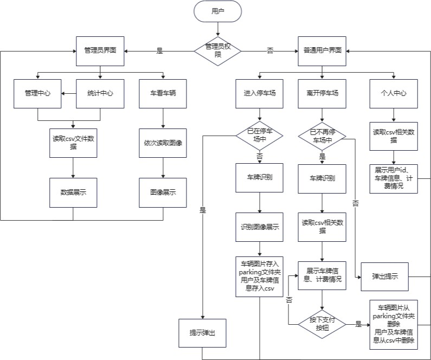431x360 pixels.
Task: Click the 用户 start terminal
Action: pos(217,11)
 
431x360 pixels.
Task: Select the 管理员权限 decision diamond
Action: pos(217,50)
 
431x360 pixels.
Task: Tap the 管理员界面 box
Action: pos(100,50)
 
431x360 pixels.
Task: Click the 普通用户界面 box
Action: pos(322,50)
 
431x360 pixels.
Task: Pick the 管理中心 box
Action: pos(37,93)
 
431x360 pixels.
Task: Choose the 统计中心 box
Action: pos(100,93)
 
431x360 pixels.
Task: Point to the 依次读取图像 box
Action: pos(163,143)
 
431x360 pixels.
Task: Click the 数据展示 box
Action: pos(73,192)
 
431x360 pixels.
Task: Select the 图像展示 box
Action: pos(163,192)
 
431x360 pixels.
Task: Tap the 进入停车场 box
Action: pos(260,93)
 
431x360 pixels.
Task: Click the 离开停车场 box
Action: pos(322,93)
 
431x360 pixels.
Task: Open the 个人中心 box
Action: pos(394,93)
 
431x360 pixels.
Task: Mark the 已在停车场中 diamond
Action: pos(260,135)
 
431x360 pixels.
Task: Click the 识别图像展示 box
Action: pos(260,227)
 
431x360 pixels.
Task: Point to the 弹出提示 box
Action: pos(385,276)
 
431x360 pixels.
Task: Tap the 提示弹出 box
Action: pos(202,332)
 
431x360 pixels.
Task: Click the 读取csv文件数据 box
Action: pos(73,143)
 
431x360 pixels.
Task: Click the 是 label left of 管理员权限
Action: pos(159,51)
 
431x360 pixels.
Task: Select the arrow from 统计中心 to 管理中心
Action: pos(68,93)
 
